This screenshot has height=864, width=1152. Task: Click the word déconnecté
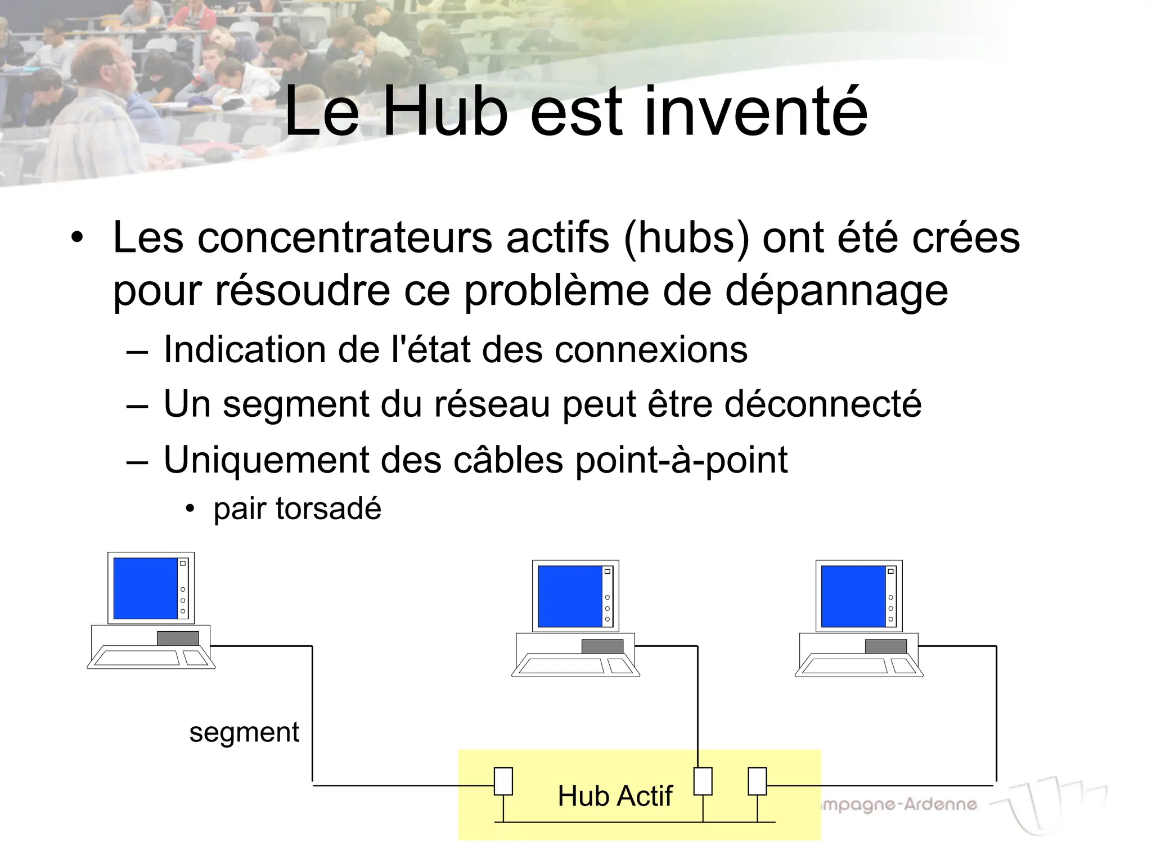pos(823,404)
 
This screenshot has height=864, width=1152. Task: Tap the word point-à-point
pos(681,461)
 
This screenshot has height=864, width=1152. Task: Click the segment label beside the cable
pos(244,732)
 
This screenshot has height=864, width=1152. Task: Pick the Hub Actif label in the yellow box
pos(615,796)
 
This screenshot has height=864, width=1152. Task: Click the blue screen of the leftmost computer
pos(146,588)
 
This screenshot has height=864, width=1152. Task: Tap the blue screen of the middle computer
pos(570,596)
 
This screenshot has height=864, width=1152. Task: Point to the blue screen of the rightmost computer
pos(853,596)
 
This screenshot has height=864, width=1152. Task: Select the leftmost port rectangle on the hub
pos(503,781)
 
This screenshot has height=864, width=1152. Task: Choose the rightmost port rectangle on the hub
pos(757,781)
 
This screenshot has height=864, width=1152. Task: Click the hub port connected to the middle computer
pos(703,781)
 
